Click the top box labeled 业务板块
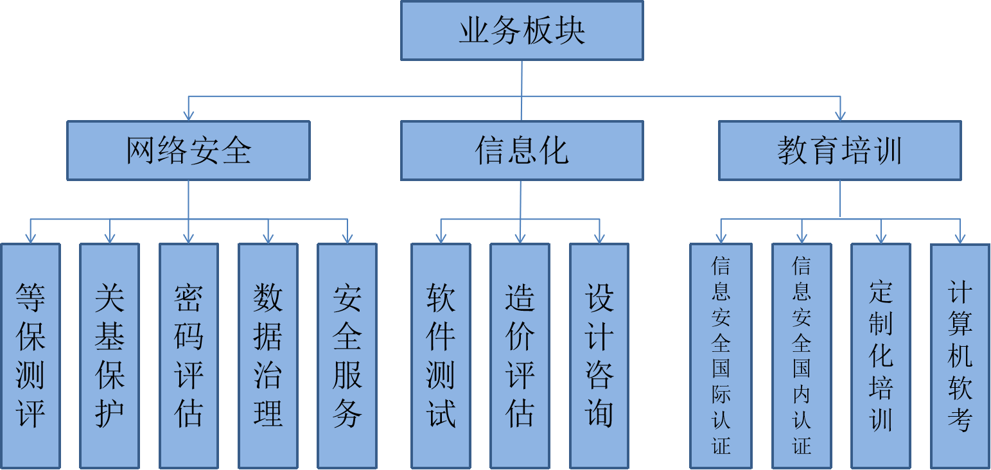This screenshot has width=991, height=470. pyautogui.click(x=522, y=31)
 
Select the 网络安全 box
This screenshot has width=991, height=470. pyautogui.click(x=188, y=151)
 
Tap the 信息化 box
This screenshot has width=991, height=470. pyautogui.click(x=522, y=151)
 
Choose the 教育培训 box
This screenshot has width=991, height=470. pyautogui.click(x=839, y=151)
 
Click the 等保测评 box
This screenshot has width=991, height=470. pyautogui.click(x=30, y=356)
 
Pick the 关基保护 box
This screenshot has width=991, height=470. pyautogui.click(x=109, y=356)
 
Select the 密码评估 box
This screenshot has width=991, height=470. pyautogui.click(x=189, y=356)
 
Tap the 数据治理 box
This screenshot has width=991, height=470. pyautogui.click(x=268, y=356)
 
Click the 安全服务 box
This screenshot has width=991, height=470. pyautogui.click(x=347, y=356)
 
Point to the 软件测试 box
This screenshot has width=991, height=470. pyautogui.click(x=441, y=356)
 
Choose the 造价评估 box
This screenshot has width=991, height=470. pyautogui.click(x=520, y=356)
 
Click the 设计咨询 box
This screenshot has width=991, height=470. pyautogui.click(x=599, y=356)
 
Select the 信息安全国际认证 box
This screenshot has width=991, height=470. pyautogui.click(x=721, y=356)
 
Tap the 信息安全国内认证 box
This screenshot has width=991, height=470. pyautogui.click(x=802, y=356)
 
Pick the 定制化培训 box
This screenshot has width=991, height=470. pyautogui.click(x=881, y=356)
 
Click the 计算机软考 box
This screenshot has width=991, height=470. pyautogui.click(x=960, y=356)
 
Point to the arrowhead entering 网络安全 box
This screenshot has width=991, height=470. pyautogui.click(x=188, y=116)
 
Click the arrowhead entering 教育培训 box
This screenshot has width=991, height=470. pyautogui.click(x=839, y=116)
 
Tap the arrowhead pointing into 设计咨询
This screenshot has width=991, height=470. pyautogui.click(x=599, y=238)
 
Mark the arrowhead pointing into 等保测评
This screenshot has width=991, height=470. pyautogui.click(x=30, y=238)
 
